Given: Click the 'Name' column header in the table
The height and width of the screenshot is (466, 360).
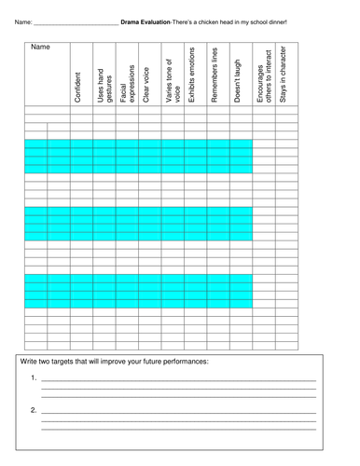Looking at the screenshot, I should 40,48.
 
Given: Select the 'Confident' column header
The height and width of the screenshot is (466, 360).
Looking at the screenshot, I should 77,85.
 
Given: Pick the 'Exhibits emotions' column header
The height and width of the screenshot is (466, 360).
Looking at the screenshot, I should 192,75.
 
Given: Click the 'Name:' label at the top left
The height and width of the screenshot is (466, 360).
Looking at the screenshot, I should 22,21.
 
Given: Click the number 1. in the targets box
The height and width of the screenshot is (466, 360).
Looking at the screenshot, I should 34,378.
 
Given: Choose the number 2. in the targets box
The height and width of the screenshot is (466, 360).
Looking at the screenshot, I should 34,409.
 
